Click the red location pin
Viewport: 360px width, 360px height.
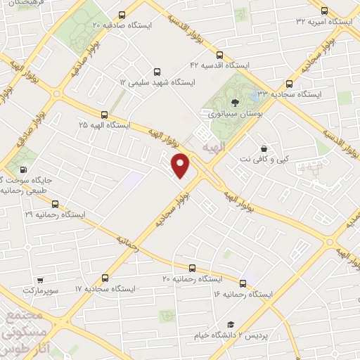[x=181, y=165]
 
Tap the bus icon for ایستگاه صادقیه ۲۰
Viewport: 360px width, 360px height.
[x=123, y=15]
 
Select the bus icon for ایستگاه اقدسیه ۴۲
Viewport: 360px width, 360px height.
[x=219, y=55]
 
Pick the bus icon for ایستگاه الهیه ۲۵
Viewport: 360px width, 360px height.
[x=104, y=114]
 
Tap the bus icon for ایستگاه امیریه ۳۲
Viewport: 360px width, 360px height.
[x=323, y=11]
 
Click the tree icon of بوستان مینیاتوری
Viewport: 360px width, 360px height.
[x=234, y=103]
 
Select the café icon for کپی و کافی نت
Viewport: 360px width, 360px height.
[x=264, y=149]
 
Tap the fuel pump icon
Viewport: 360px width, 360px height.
[x=25, y=169]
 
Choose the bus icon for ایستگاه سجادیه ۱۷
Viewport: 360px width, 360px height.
[x=105, y=278]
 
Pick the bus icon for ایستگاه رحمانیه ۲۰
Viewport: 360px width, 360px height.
[x=192, y=267]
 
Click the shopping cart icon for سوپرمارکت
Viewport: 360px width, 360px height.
[x=40, y=278]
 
